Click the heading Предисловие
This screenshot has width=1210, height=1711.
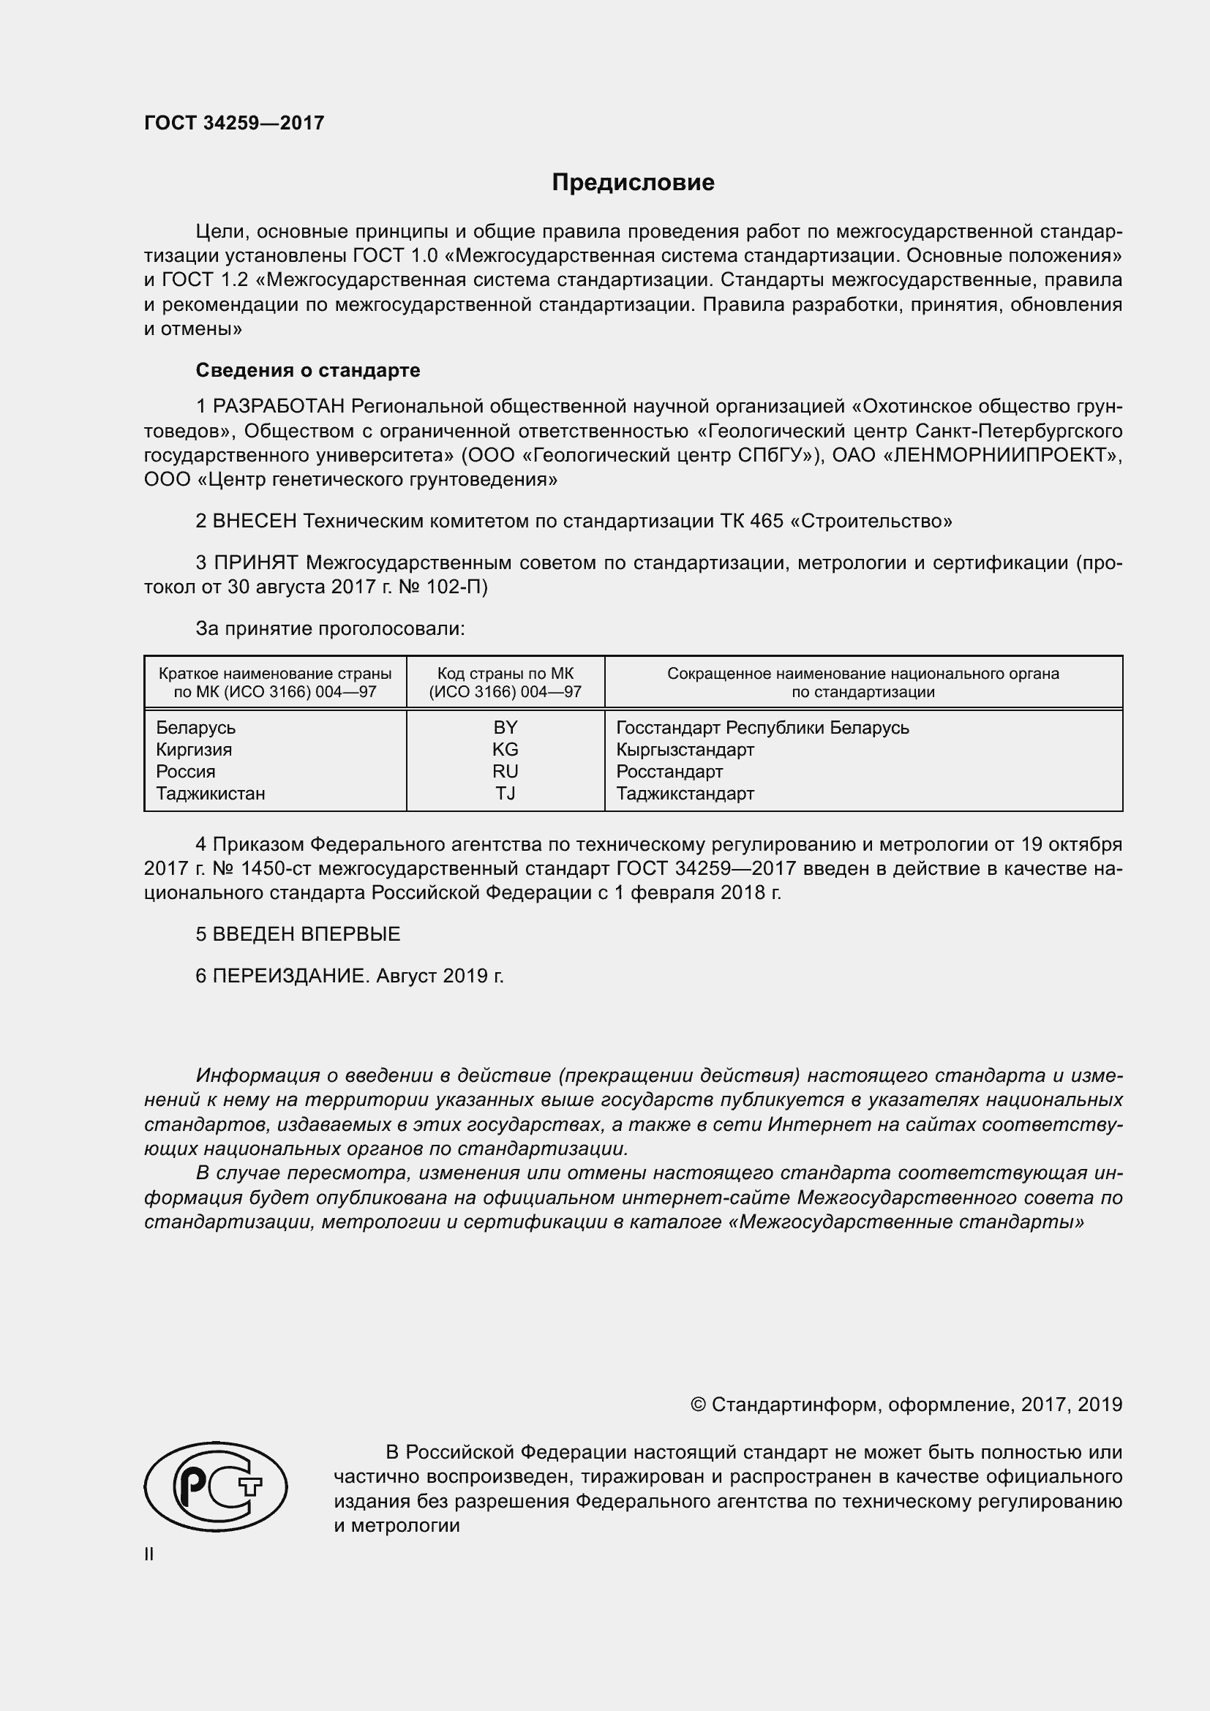[633, 183]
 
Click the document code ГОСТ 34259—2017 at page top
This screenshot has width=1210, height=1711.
[234, 123]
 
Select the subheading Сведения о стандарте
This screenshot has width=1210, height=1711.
[308, 370]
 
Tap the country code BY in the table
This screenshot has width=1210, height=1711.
[506, 727]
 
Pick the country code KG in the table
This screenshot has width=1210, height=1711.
[506, 749]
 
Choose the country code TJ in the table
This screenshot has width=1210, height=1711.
[506, 793]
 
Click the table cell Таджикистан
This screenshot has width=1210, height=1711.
[210, 793]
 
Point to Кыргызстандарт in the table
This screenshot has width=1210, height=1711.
[685, 749]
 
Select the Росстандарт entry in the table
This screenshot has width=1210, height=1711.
[669, 771]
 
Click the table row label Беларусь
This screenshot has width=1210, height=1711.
[195, 727]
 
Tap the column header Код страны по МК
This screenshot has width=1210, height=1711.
[506, 674]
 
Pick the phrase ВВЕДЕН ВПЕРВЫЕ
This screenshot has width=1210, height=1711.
[307, 933]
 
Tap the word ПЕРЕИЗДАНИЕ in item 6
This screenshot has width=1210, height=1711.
[290, 976]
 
